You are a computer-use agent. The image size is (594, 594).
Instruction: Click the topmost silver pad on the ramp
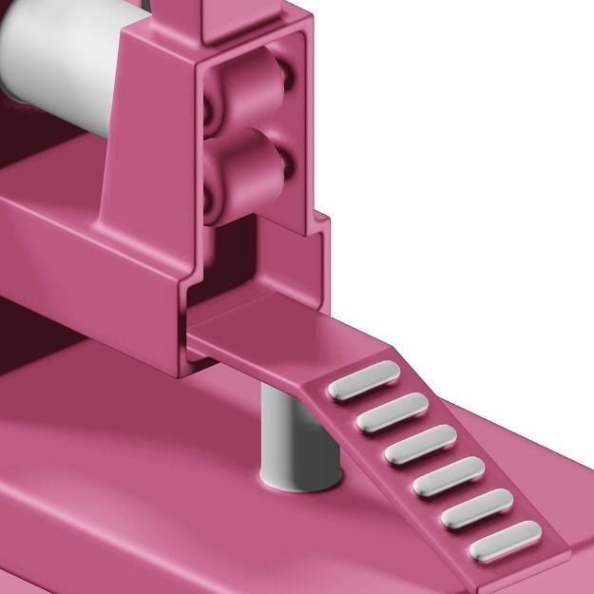[361, 379]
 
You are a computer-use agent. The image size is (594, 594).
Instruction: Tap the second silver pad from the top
[392, 410]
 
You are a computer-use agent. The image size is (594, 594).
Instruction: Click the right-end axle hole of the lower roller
[288, 163]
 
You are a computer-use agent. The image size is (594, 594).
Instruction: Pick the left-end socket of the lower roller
[210, 189]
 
